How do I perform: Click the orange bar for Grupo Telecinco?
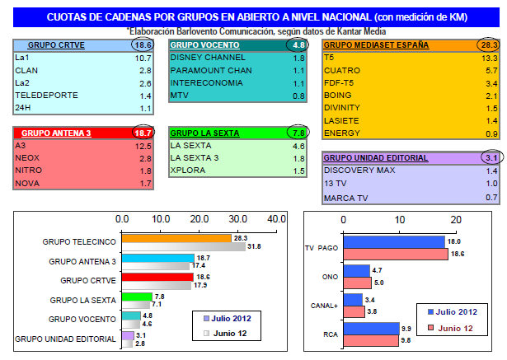click(176, 237)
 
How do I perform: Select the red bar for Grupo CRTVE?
click(157, 277)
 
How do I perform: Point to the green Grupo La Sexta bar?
click(137, 297)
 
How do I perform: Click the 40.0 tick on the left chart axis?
click(275, 219)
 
